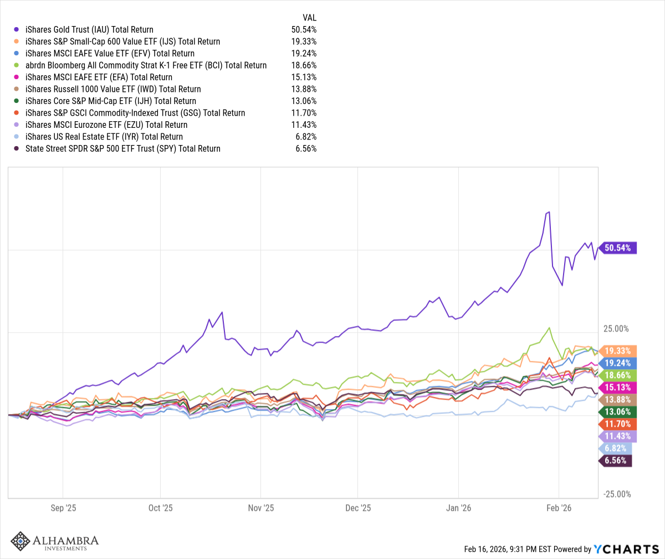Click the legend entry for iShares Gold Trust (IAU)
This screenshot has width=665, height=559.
click(89, 29)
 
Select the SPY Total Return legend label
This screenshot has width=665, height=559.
click(122, 148)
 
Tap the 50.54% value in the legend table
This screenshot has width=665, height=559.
click(304, 29)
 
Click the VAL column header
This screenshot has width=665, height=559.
click(309, 18)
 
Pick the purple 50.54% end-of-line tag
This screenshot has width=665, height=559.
click(617, 248)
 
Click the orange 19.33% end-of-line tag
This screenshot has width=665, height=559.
click(617, 351)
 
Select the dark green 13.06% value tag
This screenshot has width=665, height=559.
click(617, 412)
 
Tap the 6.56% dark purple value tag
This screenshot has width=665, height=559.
click(615, 460)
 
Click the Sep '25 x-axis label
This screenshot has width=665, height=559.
click(63, 508)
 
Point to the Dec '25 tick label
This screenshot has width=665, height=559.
click(358, 508)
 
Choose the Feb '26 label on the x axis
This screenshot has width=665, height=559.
click(559, 508)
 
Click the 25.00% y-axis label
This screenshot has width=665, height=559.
click(616, 329)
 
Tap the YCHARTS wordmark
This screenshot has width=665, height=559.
click(626, 549)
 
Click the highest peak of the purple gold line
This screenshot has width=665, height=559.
click(549, 212)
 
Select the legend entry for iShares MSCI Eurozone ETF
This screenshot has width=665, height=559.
click(106, 125)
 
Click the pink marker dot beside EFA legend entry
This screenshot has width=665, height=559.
click(17, 77)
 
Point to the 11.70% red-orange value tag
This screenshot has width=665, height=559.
click(617, 424)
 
